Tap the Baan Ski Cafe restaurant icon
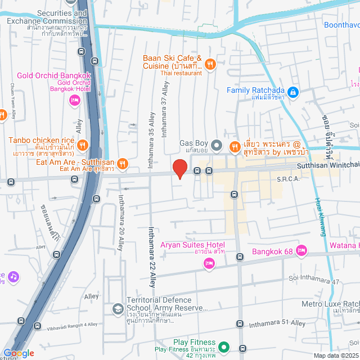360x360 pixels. pos(209,64)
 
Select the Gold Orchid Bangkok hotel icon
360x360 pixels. pos(74,100)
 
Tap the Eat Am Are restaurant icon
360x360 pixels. pos(123,164)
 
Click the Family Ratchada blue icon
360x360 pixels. pos(292,91)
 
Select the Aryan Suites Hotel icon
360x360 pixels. pos(209,263)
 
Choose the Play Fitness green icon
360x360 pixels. pos(224,348)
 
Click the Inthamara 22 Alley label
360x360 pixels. pos(151,256)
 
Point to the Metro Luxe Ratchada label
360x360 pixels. pos(330,304)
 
